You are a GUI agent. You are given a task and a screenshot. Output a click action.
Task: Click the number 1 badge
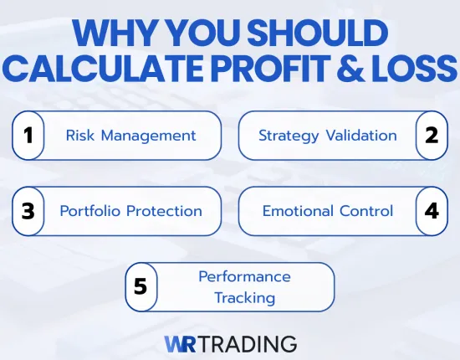pos(28,135)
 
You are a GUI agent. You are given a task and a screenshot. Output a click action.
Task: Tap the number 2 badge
pos(432,135)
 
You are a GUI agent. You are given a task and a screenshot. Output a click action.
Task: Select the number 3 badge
pos(28,210)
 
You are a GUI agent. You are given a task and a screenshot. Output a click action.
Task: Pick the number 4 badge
pos(432,210)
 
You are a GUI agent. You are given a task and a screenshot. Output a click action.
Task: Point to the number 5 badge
pos(141,286)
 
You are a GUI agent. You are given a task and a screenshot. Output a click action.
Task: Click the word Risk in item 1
pos(81,135)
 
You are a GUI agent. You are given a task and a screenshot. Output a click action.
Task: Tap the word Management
pos(148,135)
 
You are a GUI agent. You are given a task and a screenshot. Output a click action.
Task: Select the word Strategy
pos(288,135)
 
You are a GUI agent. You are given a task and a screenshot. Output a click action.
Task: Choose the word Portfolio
pos(89,210)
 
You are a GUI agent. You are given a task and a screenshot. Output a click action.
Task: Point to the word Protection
pos(162,210)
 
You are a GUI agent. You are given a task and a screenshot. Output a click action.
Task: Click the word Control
pos(367,210)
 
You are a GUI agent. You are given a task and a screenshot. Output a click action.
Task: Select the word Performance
pos(244,276)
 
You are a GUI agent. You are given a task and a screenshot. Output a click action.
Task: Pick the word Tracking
pos(244,297)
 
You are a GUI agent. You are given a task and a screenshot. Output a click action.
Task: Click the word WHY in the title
pos(113,34)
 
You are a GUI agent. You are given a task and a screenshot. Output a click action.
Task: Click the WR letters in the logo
pos(181,343)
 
